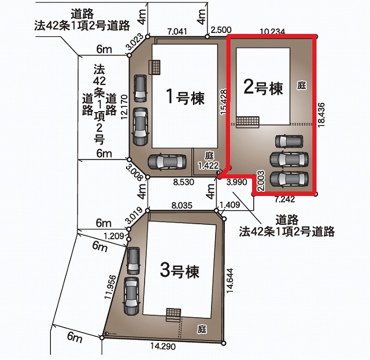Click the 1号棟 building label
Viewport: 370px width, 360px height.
[x=185, y=97]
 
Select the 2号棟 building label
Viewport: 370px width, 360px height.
[x=263, y=87]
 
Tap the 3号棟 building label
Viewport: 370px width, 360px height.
[x=180, y=270]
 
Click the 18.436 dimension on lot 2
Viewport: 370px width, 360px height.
[x=321, y=115]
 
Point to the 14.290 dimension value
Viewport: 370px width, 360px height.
[x=163, y=346]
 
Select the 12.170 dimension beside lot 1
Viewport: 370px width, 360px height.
[x=124, y=107]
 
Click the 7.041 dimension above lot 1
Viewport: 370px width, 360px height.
[x=177, y=31]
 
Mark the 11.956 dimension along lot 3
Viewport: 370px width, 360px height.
[x=110, y=287]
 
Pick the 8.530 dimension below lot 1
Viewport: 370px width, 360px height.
[x=184, y=182]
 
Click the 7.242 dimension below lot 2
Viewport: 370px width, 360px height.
[x=284, y=199]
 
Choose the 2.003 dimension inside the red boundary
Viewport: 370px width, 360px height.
[x=261, y=181]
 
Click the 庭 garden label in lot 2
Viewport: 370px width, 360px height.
[x=302, y=85]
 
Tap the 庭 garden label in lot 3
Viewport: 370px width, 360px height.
[x=202, y=329]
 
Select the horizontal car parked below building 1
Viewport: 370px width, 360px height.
[x=167, y=162]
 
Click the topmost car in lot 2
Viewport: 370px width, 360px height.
[x=289, y=142]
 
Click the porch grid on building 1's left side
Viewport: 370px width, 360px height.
[x=154, y=67]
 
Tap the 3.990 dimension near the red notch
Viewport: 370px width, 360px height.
[x=236, y=182]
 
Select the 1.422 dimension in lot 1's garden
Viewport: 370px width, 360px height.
[x=208, y=165]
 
